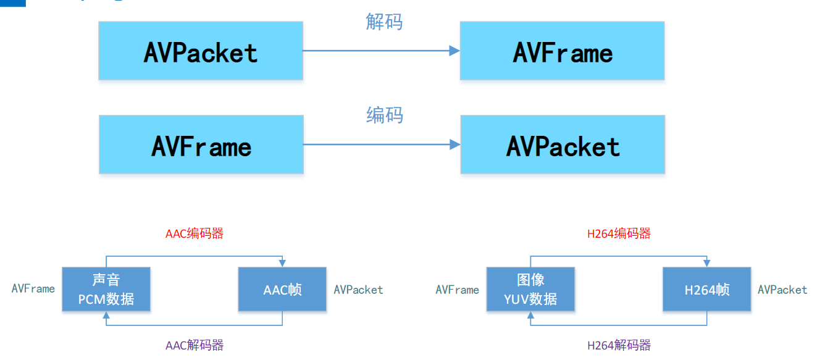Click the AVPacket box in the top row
(x=201, y=51)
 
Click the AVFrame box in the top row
(x=562, y=51)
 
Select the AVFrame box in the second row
(x=201, y=144)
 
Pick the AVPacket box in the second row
(x=563, y=144)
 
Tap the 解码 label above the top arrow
(x=384, y=22)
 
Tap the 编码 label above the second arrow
(x=384, y=115)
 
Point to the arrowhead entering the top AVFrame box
(x=454, y=51)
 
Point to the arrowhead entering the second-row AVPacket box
(x=455, y=144)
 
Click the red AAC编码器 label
(x=195, y=233)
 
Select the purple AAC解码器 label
(x=195, y=345)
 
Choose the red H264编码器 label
(x=619, y=233)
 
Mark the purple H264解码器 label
(x=619, y=345)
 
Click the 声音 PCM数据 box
(x=106, y=289)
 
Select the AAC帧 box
(x=282, y=289)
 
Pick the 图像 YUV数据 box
(x=530, y=289)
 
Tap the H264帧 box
(x=707, y=289)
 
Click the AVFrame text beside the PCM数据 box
(x=33, y=288)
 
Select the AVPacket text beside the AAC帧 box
(x=358, y=290)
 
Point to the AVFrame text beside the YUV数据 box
(x=458, y=290)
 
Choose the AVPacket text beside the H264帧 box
(x=782, y=290)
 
